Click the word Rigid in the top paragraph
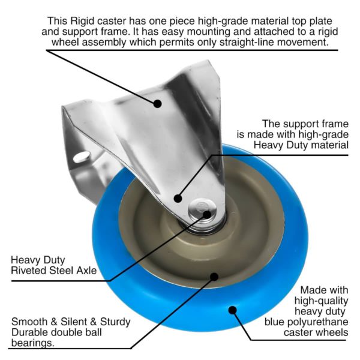coord(82,21)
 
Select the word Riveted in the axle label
coord(29,270)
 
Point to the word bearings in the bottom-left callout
coord(32,343)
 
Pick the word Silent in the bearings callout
coord(74,322)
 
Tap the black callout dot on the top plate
coord(157,104)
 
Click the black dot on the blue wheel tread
coord(233,310)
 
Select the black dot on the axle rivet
coord(207,215)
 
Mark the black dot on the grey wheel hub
coord(214,277)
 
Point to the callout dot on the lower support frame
coord(178,199)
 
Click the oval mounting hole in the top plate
coord(82,157)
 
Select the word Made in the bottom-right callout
coord(311,290)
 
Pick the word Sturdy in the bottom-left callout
coord(115,322)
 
